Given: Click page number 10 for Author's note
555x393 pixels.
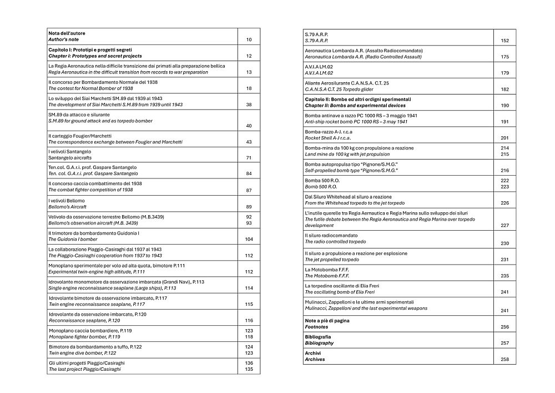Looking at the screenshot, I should point(249,40).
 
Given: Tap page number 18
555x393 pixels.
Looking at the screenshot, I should point(249,88).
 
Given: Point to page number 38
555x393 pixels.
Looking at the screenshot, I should point(249,105).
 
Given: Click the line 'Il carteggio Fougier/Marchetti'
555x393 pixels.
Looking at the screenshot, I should point(80,136).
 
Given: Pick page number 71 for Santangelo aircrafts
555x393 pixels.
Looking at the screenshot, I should point(249,158).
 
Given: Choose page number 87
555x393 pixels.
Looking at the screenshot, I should point(249,191).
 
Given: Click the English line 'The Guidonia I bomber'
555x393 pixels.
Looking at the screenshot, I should point(73,239).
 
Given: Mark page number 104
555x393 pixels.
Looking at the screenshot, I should point(249,239).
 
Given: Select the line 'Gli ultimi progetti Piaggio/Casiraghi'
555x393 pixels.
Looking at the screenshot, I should point(86,362).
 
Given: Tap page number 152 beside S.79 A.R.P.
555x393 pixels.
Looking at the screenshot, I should point(504,41).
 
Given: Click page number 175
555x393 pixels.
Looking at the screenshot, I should point(504,57).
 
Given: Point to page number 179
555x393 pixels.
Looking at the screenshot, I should point(504,73).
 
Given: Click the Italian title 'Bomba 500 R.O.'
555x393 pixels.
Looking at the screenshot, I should point(321,181).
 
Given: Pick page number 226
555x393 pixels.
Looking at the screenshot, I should point(504,203).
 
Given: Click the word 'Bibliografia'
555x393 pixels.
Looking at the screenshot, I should point(318,337).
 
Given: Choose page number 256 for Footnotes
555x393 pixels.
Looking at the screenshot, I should point(504,327).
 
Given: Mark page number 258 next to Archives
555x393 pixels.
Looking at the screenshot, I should point(504,360).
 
